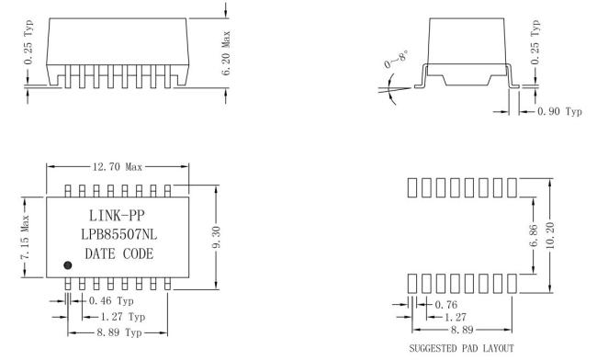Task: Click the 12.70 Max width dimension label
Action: click(x=118, y=166)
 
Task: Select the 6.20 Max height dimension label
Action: click(x=226, y=53)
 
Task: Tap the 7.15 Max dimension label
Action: click(x=25, y=237)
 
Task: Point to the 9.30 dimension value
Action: click(x=216, y=237)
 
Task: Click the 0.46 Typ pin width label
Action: click(x=111, y=301)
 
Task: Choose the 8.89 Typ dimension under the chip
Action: click(x=119, y=332)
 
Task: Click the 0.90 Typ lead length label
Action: click(x=559, y=111)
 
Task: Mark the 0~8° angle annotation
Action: click(x=397, y=60)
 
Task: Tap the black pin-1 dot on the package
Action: click(x=67, y=265)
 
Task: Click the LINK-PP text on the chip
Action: click(x=117, y=216)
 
